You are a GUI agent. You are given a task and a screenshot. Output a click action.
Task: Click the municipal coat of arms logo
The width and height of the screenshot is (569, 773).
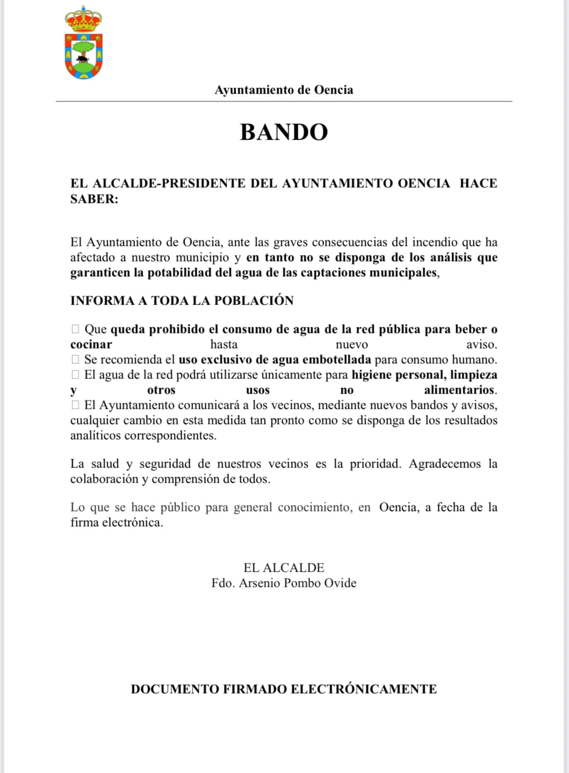click(83, 45)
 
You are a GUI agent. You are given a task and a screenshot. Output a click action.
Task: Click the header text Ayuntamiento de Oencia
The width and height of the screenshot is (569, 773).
click(284, 90)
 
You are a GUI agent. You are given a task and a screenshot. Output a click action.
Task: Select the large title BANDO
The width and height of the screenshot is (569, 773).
click(284, 132)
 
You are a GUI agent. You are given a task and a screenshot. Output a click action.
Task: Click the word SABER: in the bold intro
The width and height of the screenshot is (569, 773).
click(94, 199)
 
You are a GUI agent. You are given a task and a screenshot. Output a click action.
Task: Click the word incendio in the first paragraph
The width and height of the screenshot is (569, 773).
click(434, 242)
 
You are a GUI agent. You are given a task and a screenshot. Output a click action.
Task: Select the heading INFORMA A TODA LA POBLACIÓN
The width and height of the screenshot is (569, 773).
click(182, 300)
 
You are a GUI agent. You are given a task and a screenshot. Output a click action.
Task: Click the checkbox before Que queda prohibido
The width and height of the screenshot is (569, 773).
click(75, 329)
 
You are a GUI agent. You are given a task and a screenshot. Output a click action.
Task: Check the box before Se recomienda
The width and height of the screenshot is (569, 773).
click(75, 360)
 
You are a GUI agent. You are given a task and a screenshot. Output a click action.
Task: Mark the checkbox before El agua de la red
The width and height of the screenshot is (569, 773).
click(75, 375)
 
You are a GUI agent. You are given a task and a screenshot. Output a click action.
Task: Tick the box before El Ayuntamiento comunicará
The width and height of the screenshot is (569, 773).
click(75, 405)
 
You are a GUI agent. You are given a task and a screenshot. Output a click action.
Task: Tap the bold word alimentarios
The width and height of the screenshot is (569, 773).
click(459, 390)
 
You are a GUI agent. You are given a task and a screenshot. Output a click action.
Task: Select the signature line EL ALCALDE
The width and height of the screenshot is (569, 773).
click(284, 568)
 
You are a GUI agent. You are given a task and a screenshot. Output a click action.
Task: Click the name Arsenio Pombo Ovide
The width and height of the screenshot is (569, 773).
click(297, 583)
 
